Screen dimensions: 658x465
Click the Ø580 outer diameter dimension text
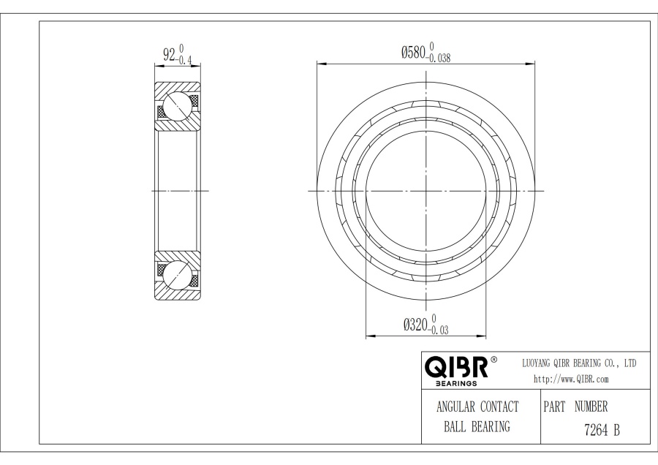tap(413, 53)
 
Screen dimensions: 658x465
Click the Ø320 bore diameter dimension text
tap(415, 325)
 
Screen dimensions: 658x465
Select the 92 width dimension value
tap(169, 54)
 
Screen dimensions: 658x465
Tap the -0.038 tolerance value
tap(439, 58)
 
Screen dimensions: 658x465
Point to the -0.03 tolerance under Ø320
tap(439, 330)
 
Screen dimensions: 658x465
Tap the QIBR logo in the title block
tap(456, 367)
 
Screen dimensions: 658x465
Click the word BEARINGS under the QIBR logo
tap(456, 383)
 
